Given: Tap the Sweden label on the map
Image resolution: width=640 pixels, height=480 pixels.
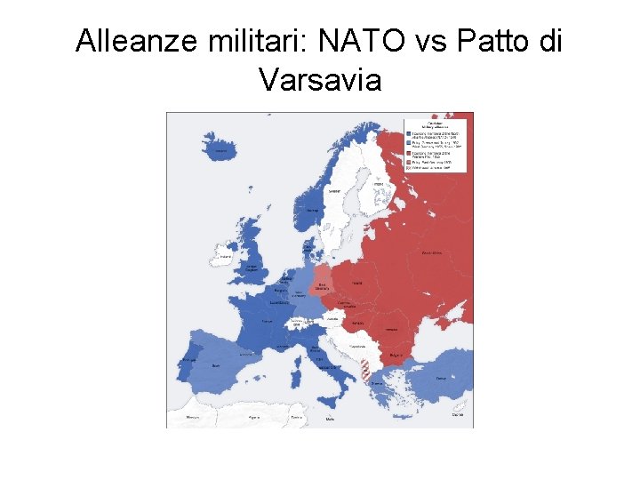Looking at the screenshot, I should [x=334, y=190].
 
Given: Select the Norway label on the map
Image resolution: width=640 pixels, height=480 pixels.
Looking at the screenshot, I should [x=312, y=211].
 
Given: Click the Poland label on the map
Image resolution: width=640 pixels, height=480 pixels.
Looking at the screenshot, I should [x=356, y=284].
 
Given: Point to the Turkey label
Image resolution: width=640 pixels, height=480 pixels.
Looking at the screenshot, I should [x=441, y=378].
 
